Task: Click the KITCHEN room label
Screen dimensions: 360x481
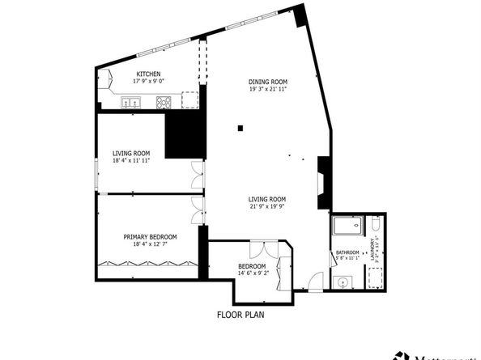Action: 148,74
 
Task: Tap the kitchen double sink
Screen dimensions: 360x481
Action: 130,103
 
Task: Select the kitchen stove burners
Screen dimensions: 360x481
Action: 164,102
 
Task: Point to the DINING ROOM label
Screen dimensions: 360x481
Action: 268,82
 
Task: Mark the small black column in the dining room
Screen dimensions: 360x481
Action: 240,127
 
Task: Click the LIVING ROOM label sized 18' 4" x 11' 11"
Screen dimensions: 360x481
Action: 131,153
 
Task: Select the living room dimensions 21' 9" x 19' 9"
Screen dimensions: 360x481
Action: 268,205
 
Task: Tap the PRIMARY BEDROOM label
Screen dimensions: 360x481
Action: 151,237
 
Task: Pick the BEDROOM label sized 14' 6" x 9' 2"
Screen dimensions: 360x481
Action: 252,266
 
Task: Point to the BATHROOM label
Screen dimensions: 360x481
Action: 347,252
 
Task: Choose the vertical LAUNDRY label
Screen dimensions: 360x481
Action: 372,252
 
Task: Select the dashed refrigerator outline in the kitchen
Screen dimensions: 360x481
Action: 189,100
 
